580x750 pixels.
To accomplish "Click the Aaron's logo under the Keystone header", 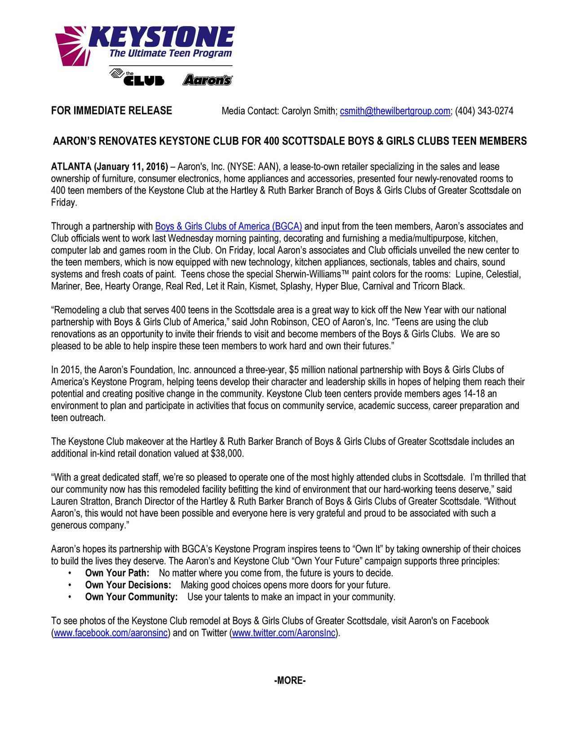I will pyautogui.click(x=207, y=80).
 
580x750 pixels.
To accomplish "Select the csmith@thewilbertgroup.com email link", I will pyautogui.click(x=395, y=111).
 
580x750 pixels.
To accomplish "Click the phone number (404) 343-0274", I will pyautogui.click(x=484, y=111).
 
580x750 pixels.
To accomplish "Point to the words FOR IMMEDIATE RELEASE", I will pyautogui.click(x=111, y=110).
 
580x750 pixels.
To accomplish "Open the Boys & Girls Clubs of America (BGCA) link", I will pyautogui.click(x=228, y=226).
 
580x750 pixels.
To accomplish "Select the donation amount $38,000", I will pyautogui.click(x=227, y=454).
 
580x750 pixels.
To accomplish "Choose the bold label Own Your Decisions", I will pyautogui.click(x=128, y=585).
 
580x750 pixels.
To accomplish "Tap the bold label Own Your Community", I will pyautogui.click(x=131, y=597).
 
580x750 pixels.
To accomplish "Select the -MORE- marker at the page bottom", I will pyautogui.click(x=290, y=681).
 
